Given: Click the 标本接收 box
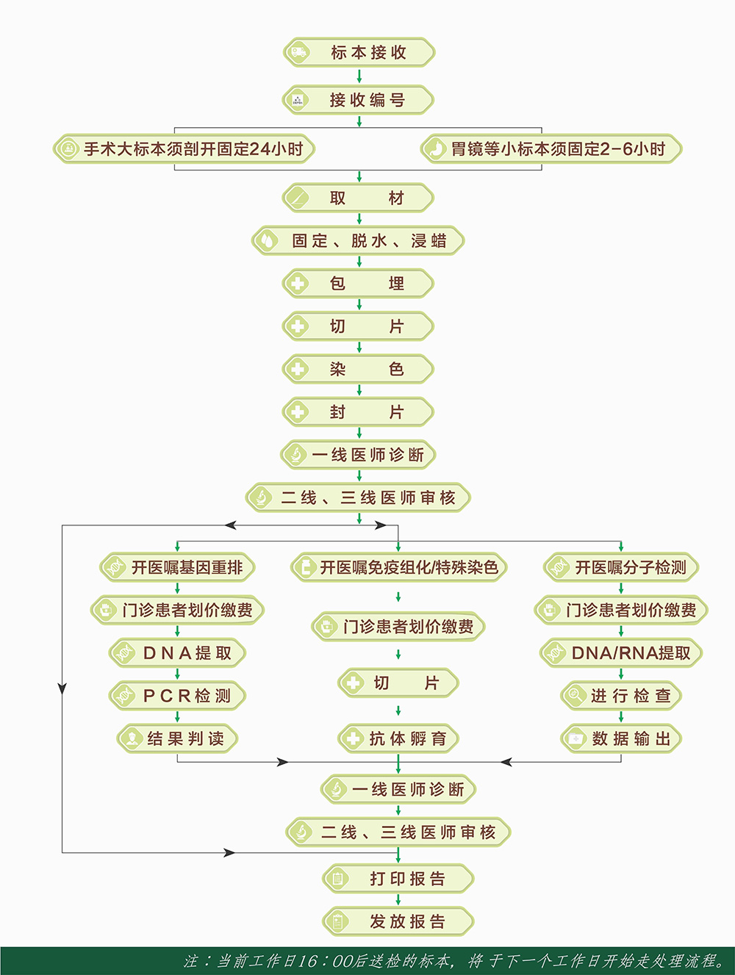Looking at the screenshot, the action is pyautogui.click(x=359, y=52).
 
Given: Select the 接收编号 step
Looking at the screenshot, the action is pyautogui.click(x=358, y=100).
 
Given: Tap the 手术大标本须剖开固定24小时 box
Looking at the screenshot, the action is pyautogui.click(x=184, y=149).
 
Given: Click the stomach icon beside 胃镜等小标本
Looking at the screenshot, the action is pyautogui.click(x=437, y=149).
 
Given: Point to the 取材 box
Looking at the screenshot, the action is pyautogui.click(x=358, y=198).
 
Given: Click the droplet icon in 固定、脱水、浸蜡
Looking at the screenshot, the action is pyautogui.click(x=267, y=241).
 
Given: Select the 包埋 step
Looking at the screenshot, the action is pyautogui.click(x=358, y=284).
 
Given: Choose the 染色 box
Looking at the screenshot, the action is pyautogui.click(x=358, y=369).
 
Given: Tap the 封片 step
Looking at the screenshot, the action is pyautogui.click(x=358, y=411).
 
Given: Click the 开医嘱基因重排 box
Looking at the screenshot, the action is pyautogui.click(x=177, y=567).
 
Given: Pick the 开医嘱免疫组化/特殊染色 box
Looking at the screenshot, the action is pyautogui.click(x=398, y=567).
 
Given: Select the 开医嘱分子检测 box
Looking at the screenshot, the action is pyautogui.click(x=621, y=567).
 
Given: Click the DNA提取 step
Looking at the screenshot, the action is pyautogui.click(x=177, y=653).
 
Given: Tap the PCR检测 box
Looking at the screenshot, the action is pyautogui.click(x=177, y=696).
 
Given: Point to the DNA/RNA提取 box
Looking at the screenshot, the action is pyautogui.click(x=621, y=653).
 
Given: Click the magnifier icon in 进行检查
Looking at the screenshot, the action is pyautogui.click(x=575, y=695).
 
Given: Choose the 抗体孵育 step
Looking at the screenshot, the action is pyautogui.click(x=398, y=738).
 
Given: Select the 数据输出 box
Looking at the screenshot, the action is pyautogui.click(x=621, y=738).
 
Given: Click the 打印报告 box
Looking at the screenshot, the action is pyautogui.click(x=398, y=879).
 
